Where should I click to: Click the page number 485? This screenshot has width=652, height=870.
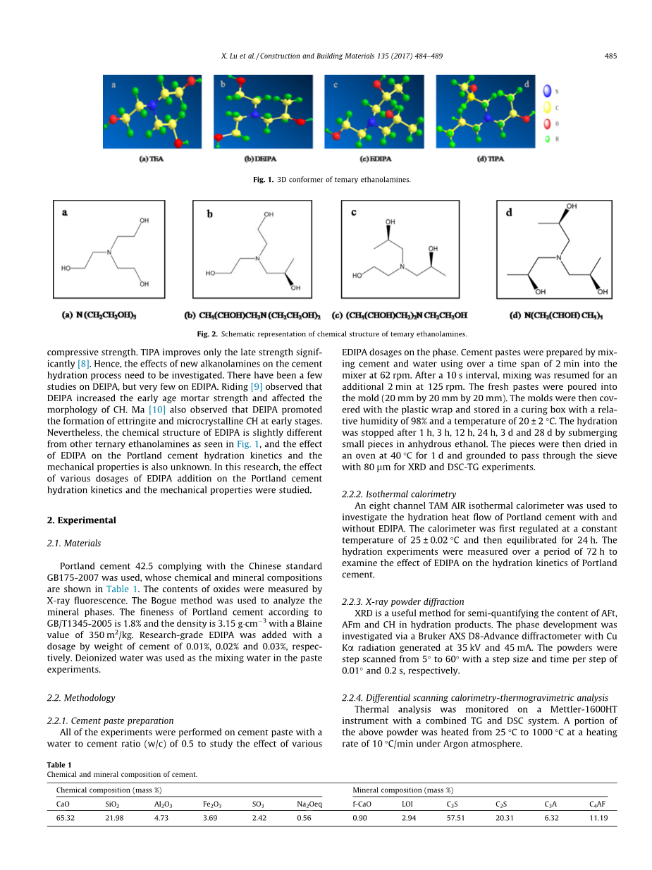610,56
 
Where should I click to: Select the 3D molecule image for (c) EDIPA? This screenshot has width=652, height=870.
374,112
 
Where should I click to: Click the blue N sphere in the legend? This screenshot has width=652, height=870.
547,91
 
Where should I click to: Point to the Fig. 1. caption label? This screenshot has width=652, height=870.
263,180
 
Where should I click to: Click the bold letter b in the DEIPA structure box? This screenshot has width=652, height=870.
209,214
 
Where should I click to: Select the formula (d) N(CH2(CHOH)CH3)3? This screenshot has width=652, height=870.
557,315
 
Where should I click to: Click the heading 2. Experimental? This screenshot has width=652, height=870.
81,520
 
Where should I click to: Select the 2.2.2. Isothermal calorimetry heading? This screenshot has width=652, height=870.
398,494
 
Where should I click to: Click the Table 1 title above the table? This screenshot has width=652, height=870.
59,765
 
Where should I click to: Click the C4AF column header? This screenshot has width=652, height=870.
598,804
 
